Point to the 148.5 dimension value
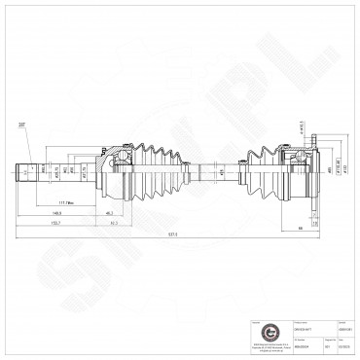(57, 212)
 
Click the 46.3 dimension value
(109, 212)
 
